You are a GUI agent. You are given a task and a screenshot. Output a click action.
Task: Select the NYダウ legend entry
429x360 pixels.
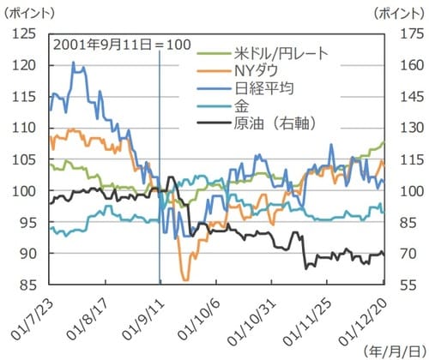257,70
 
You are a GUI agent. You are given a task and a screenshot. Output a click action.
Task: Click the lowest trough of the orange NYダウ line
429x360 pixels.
184,279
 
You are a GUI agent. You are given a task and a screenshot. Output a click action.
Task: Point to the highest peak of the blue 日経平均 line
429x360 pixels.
73,63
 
